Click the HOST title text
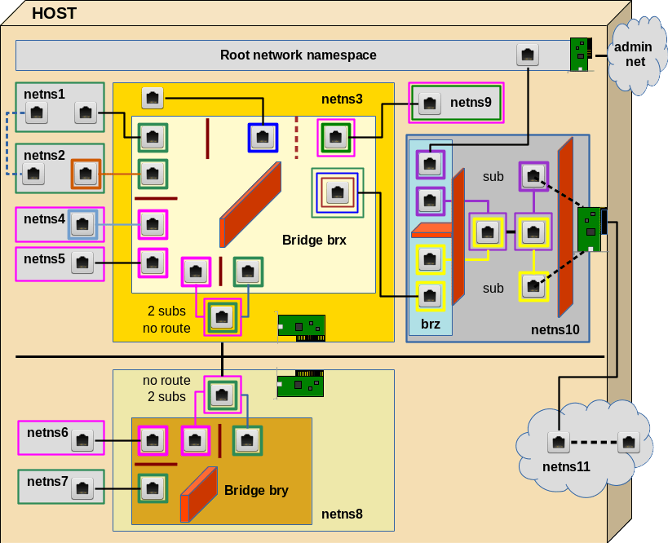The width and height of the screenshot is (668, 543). [x=54, y=13]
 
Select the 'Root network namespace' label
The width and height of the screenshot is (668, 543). [x=298, y=55]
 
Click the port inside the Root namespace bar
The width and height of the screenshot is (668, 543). [x=528, y=55]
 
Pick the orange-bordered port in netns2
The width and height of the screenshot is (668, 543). [x=86, y=173]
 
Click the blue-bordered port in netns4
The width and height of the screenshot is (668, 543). [x=82, y=224]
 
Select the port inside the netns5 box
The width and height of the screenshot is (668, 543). [x=82, y=263]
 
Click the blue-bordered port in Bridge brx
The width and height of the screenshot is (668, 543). [x=263, y=137]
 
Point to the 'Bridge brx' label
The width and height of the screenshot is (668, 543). [x=314, y=240]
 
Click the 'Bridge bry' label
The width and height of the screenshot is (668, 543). [x=256, y=490]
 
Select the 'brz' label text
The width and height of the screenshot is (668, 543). [x=430, y=324]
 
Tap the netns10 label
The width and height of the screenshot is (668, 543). [x=555, y=329]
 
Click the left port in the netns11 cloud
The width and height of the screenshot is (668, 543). [x=558, y=443]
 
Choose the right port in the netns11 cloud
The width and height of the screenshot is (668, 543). [x=628, y=443]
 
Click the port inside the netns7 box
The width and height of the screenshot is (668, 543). [x=82, y=488]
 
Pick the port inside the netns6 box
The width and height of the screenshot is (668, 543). [x=82, y=441]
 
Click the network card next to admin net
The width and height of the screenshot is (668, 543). [x=580, y=55]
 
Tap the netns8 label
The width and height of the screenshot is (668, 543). [x=342, y=514]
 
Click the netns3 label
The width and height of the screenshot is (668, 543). [x=342, y=99]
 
